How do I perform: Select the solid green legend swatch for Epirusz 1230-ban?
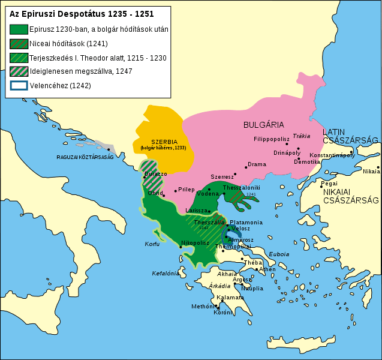pyautogui.click(x=19, y=29)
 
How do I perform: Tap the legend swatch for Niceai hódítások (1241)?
pyautogui.click(x=19, y=43)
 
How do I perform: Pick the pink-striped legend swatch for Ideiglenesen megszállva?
pyautogui.click(x=19, y=71)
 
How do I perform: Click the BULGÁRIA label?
pyautogui.click(x=263, y=125)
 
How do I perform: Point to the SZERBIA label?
pyautogui.click(x=164, y=142)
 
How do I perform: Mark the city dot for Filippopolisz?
pyautogui.click(x=287, y=144)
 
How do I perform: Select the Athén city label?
pyautogui.click(x=267, y=269)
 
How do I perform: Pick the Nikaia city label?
pyautogui.click(x=371, y=171)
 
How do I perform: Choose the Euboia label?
pyautogui.click(x=278, y=254)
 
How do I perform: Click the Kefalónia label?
pyautogui.click(x=165, y=273)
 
